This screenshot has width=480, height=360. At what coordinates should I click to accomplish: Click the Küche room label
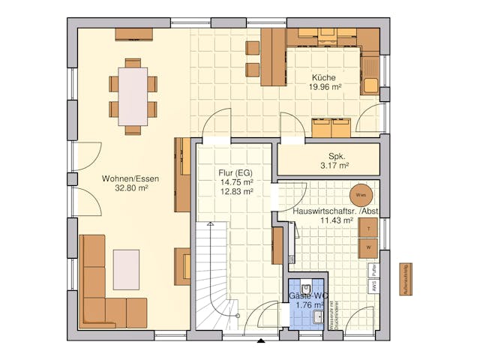tap(325, 77)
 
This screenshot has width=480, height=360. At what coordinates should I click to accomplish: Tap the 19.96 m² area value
tap(325, 87)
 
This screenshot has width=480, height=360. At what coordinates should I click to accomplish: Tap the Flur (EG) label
tap(236, 172)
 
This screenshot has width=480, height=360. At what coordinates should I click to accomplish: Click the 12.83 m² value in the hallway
tap(236, 191)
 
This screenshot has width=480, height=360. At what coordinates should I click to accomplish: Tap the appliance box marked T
tap(368, 228)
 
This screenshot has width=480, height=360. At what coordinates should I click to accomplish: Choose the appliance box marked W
tap(368, 247)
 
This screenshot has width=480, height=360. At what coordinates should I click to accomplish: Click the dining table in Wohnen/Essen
tap(133, 95)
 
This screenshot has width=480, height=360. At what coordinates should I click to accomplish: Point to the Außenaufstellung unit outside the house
tap(403, 279)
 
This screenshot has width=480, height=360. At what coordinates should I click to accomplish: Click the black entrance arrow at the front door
tap(260, 341)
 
